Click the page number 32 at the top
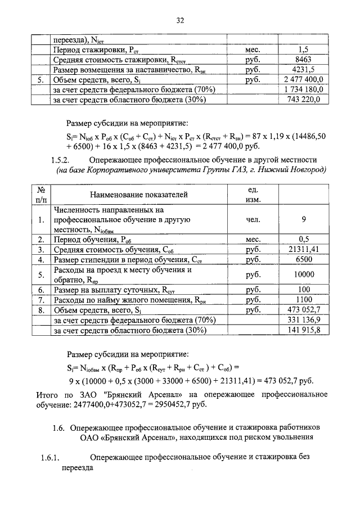point(180,21)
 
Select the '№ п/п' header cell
point(41,194)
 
